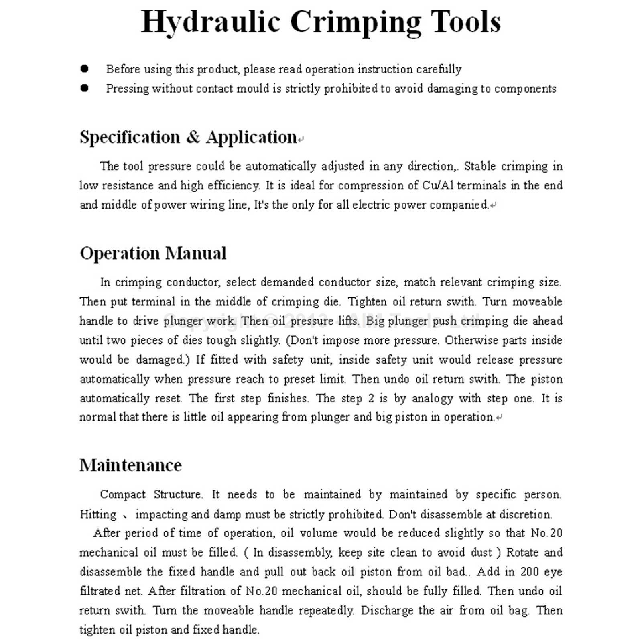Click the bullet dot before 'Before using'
84,69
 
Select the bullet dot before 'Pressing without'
84,88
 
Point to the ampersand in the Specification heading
193,137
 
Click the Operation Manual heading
153,253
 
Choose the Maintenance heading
130,465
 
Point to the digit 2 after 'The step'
371,398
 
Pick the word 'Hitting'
98,514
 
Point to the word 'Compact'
122,494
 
